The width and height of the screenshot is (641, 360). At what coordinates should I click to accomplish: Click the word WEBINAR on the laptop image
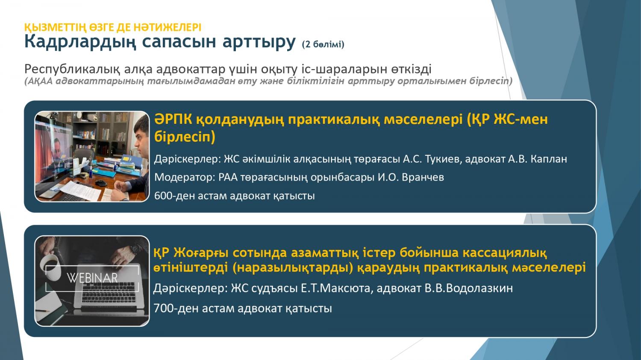pos(92,278)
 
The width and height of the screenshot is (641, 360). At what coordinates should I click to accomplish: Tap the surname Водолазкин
pos(479,288)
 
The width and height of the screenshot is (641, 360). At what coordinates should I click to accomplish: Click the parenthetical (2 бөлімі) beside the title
pos(323,44)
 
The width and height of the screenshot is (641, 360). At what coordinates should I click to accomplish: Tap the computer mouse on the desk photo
pos(101,183)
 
